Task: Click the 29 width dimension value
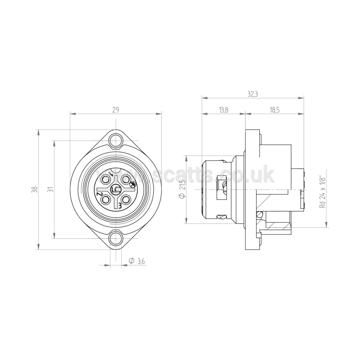click(116, 110)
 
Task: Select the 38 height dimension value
click(35, 190)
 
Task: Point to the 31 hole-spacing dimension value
click(52, 190)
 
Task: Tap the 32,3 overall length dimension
click(253, 94)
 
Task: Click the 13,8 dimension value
click(224, 110)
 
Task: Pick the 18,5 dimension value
click(275, 110)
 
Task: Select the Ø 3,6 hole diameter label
click(137, 261)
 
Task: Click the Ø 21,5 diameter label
click(182, 189)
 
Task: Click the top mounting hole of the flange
click(116, 141)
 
